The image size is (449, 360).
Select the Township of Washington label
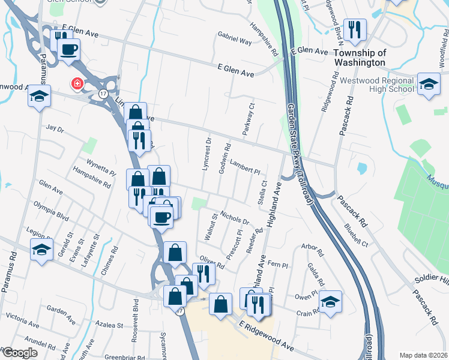coord(359,58)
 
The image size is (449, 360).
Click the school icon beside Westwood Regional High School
coord(429,84)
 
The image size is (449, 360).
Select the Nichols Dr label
coord(234,216)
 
